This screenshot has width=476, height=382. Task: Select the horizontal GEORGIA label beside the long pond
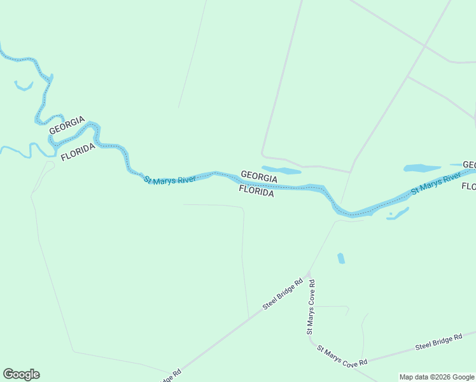click(x=258, y=175)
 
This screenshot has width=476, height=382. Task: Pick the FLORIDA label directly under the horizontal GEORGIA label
click(x=256, y=190)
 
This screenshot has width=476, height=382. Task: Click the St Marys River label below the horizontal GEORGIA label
click(x=169, y=180)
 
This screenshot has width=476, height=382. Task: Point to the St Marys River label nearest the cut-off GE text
click(x=435, y=183)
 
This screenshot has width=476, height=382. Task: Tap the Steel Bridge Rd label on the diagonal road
click(x=283, y=294)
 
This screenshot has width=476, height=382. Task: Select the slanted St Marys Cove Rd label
click(x=342, y=355)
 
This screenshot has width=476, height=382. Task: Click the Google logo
click(x=21, y=374)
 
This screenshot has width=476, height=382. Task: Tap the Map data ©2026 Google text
click(x=437, y=377)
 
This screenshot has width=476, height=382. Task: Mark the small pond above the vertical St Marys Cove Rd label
click(x=341, y=258)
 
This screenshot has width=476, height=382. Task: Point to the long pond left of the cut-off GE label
click(x=422, y=169)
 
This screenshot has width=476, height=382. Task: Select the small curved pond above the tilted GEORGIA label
click(x=24, y=86)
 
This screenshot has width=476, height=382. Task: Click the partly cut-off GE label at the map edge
click(x=470, y=164)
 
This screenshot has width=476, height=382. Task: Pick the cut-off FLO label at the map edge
click(x=468, y=187)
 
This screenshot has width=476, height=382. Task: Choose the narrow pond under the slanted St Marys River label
click(x=398, y=213)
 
